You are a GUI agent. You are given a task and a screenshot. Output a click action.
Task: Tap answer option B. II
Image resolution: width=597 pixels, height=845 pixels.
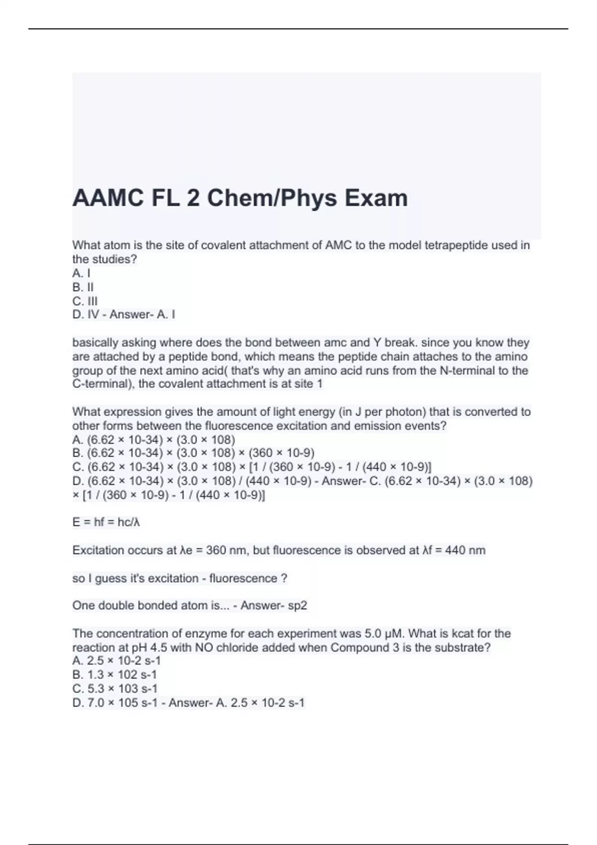[x=83, y=287]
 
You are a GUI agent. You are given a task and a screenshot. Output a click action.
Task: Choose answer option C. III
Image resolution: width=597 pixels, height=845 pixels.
[x=85, y=301]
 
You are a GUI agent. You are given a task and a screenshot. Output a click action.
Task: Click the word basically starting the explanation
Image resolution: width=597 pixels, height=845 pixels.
[x=95, y=342]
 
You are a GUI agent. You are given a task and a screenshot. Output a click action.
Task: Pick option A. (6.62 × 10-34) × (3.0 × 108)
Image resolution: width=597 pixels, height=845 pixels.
[x=154, y=439]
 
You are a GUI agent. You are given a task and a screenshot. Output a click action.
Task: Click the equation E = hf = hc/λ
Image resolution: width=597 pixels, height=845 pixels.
[x=106, y=522]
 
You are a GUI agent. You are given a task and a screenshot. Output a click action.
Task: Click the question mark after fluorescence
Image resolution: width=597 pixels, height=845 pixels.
[x=284, y=578]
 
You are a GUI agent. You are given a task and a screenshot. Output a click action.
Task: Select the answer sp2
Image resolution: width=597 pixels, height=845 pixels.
[x=298, y=605]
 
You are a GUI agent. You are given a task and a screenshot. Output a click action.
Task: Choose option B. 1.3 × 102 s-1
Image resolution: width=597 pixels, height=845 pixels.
[x=115, y=675]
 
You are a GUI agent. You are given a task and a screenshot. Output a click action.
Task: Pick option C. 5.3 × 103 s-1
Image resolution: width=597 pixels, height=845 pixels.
[x=115, y=688]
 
